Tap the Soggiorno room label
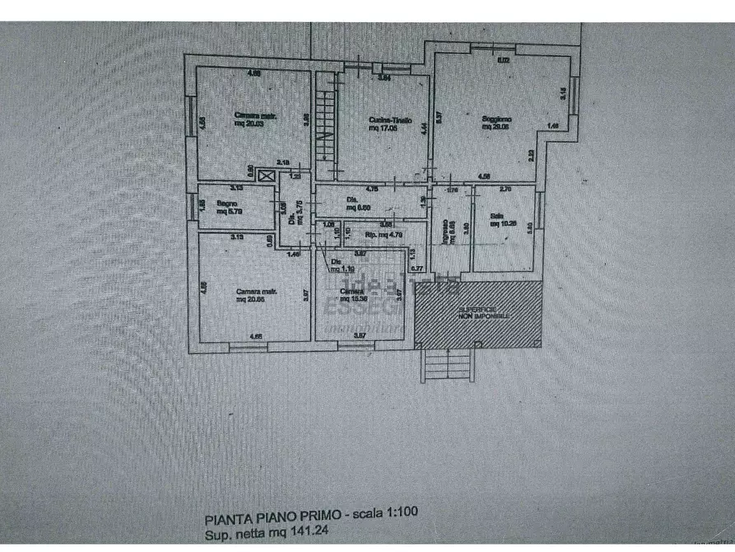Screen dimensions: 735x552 pos(495,119)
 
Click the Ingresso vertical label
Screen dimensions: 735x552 pos(444,230)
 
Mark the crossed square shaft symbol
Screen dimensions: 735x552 pos(265,174)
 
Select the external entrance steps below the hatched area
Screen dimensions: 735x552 pos(447,363)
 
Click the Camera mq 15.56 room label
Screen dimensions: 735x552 pos(352,298)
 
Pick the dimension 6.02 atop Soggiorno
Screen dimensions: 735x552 pos(503,60)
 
